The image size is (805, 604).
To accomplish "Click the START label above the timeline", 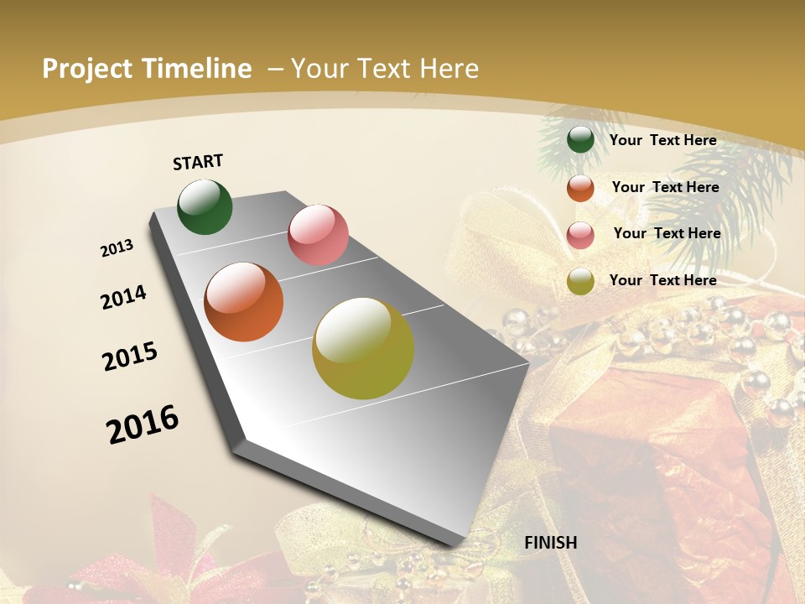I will pos(198,162).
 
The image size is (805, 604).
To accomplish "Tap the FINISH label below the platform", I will pos(551,542).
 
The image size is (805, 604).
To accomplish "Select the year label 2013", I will pos(117,248).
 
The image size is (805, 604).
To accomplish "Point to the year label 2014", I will pos(124,298).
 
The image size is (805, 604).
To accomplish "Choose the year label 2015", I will pos(130,357).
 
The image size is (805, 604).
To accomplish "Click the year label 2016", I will pos(143,424).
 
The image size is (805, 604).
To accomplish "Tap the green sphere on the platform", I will pos(205,206).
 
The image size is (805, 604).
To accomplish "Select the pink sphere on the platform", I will pos(318,235).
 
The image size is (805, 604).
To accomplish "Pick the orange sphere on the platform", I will pos(244,302).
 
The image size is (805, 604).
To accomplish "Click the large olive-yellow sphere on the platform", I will pos(363,348).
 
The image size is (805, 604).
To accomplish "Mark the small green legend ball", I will pos(580,140).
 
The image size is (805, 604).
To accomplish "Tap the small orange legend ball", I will pos(580,188).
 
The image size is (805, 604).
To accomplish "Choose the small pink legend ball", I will pos(580,235).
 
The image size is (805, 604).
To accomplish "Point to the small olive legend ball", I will pos(580,281).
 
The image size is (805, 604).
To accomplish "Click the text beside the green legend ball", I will pos(662,140).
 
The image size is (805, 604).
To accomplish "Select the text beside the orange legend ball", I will pos(665,187).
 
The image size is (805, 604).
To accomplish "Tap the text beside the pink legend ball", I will pos(667,233).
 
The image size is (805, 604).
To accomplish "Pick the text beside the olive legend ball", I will pos(662,280).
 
